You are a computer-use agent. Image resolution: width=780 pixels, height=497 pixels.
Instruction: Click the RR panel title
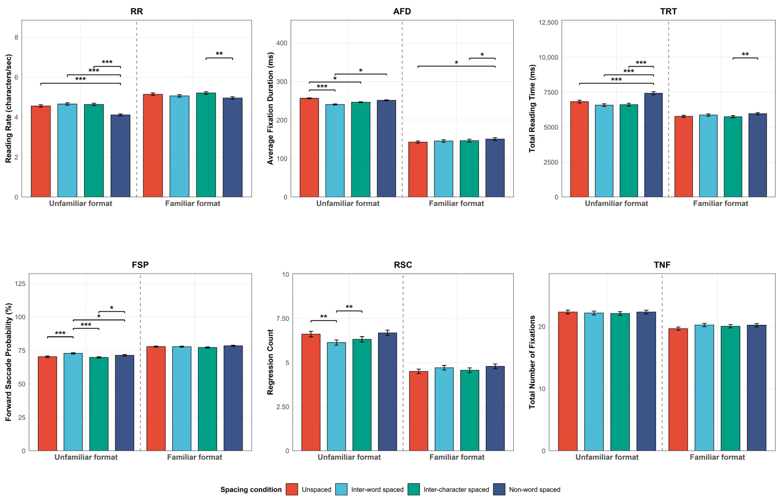pyautogui.click(x=136, y=11)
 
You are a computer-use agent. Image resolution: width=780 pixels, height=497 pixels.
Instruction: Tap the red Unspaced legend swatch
pyautogui.click(x=292, y=489)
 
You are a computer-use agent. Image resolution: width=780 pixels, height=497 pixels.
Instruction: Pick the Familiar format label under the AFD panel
pyautogui.click(x=456, y=203)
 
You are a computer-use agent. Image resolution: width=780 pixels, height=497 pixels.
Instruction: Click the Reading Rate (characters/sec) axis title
pyautogui.click(x=8, y=108)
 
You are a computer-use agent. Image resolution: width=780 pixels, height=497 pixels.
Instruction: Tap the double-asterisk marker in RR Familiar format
pyautogui.click(x=219, y=54)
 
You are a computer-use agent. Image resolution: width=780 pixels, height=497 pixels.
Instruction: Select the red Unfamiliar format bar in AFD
pyautogui.click(x=309, y=148)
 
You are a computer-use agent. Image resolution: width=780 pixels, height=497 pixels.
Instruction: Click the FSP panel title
pyautogui.click(x=140, y=265)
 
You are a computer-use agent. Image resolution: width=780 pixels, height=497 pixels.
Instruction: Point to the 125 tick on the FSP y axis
pyautogui.click(x=20, y=284)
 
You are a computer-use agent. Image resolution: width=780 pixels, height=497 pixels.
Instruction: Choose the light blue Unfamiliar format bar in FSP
pyautogui.click(x=73, y=402)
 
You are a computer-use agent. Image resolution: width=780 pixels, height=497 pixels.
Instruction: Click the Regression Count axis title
pyautogui.click(x=270, y=362)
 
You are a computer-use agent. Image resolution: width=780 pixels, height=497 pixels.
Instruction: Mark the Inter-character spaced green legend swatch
pyautogui.click(x=414, y=489)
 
